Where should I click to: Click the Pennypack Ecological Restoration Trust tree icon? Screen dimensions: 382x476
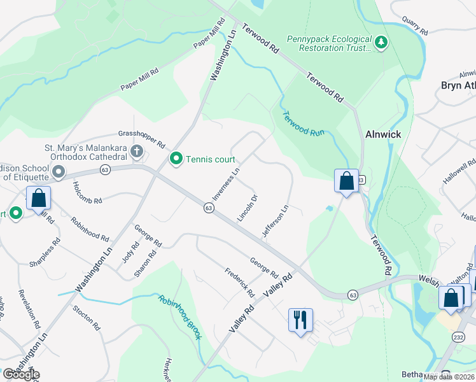click(381, 43)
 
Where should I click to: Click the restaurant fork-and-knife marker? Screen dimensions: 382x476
click(300, 318)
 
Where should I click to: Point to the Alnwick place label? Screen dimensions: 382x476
click(382, 135)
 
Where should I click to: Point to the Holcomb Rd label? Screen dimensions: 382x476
click(87, 192)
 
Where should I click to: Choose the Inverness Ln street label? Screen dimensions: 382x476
click(226, 184)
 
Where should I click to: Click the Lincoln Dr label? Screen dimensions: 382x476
click(247, 208)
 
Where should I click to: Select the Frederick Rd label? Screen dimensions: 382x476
click(239, 283)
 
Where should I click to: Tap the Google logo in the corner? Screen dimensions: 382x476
click(20, 374)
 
